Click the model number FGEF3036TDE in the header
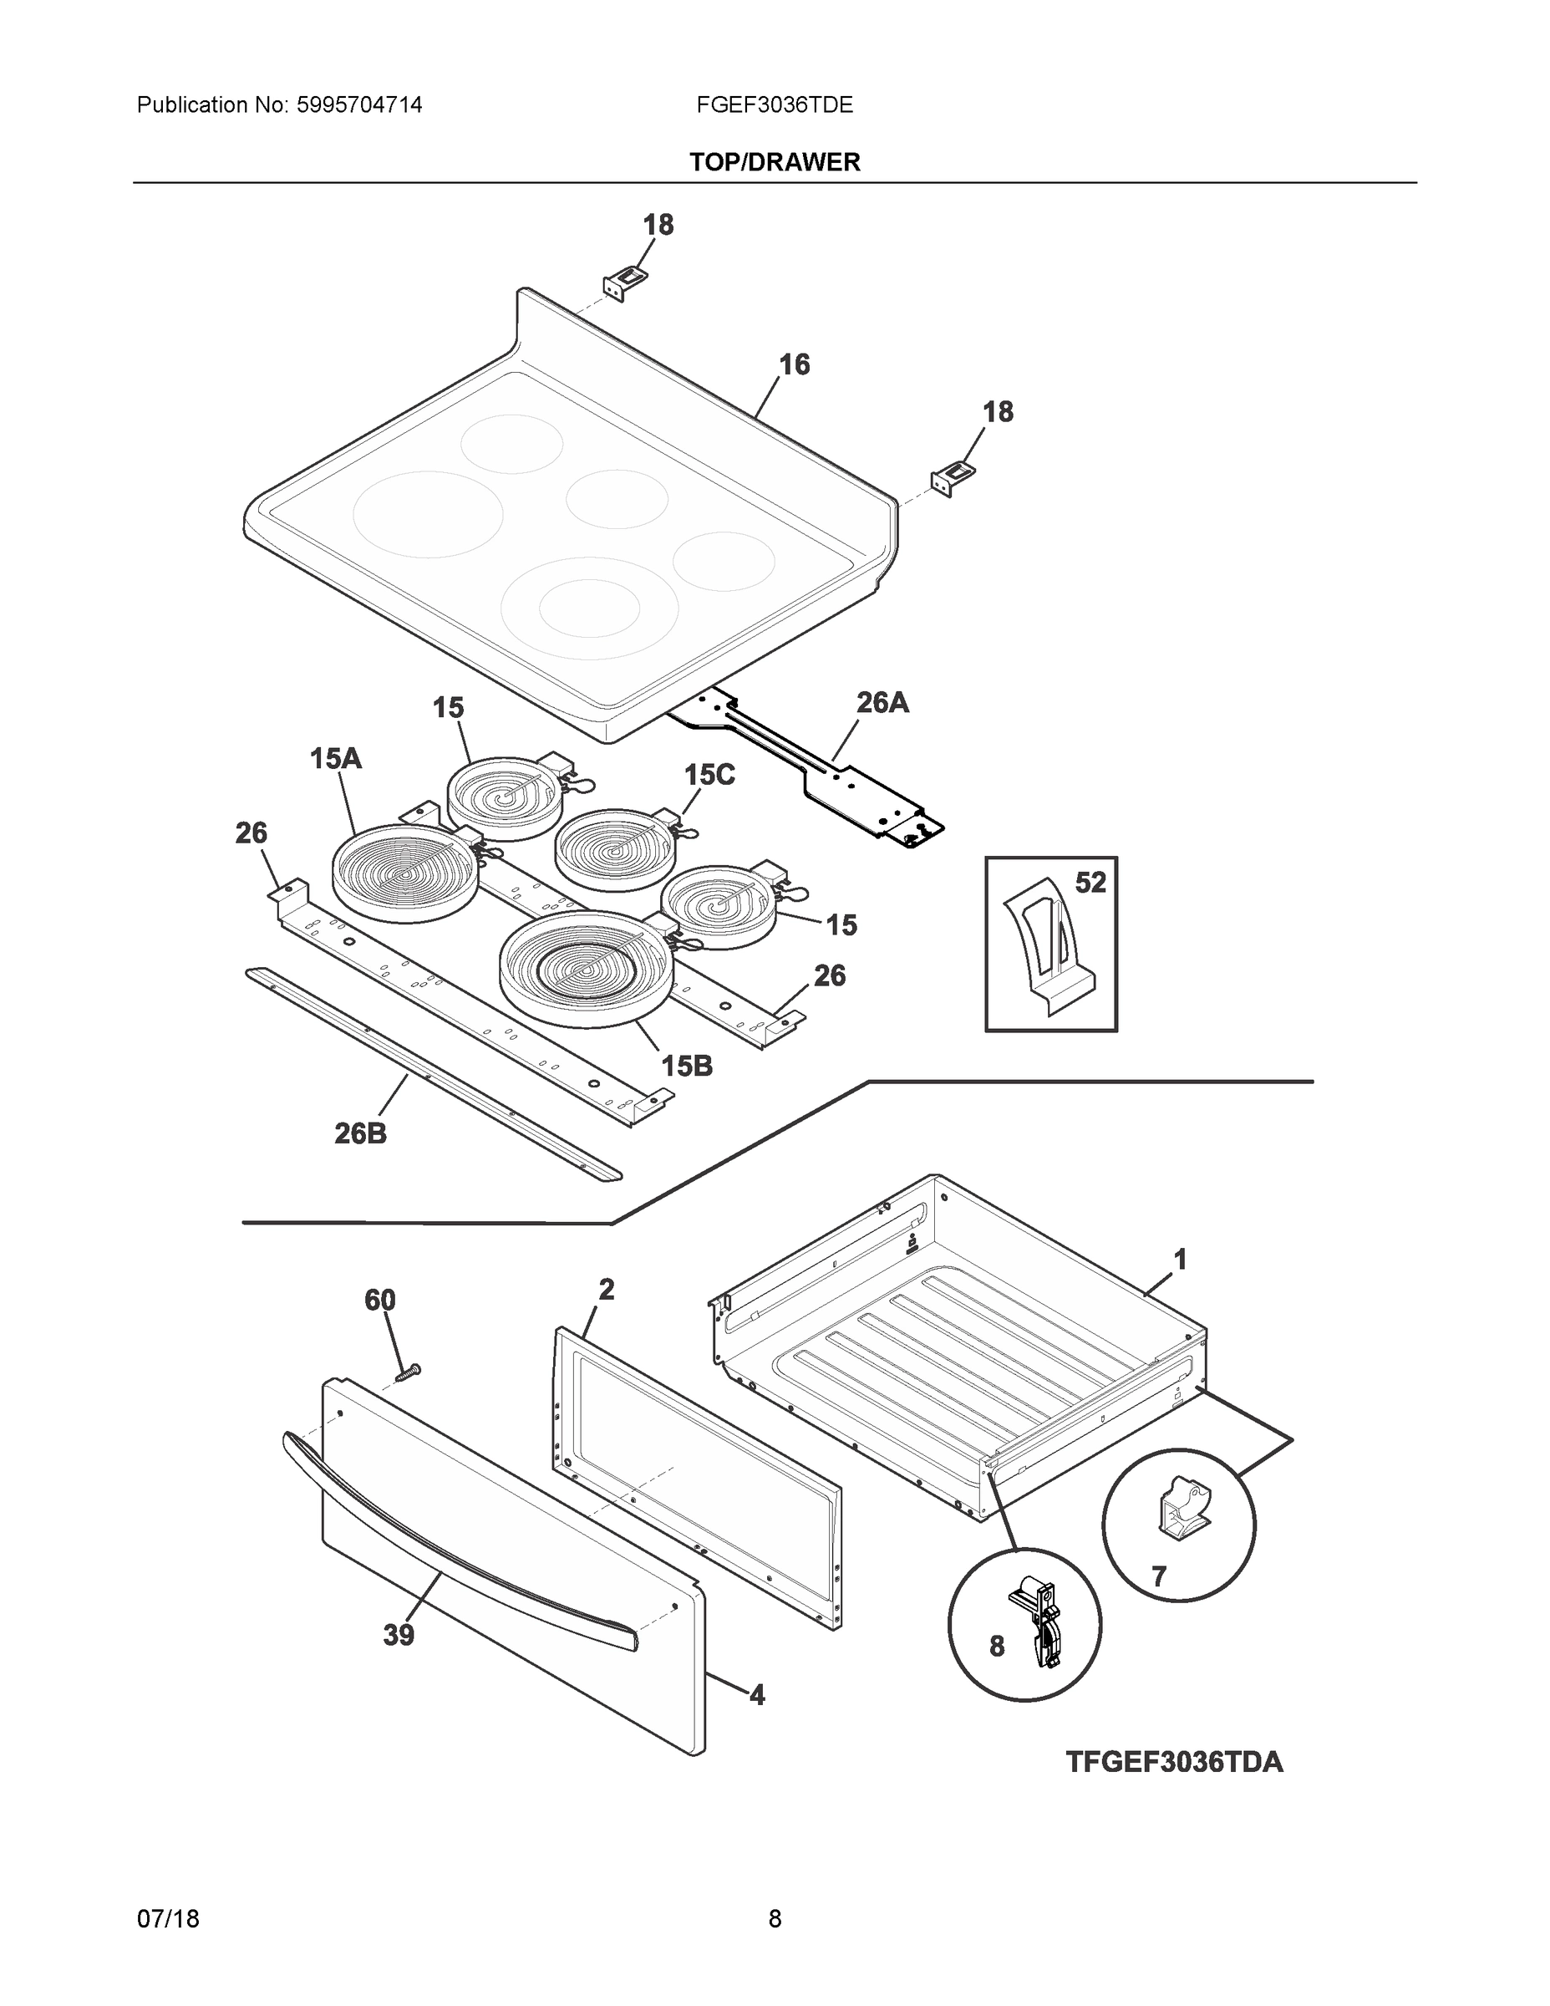click(x=774, y=105)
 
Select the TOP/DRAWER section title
click(x=774, y=163)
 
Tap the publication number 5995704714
click(x=359, y=105)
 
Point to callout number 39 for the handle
click(x=399, y=1635)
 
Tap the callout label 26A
click(x=882, y=703)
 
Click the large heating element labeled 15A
click(x=405, y=873)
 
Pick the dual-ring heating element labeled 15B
click(x=587, y=966)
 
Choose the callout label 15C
click(x=709, y=775)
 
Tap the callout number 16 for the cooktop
click(x=795, y=364)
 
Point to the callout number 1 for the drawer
click(x=1180, y=1260)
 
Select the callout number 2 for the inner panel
click(x=606, y=1290)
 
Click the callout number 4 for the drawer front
click(x=757, y=1694)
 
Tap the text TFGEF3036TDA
click(x=1173, y=1762)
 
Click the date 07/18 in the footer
click(x=168, y=1919)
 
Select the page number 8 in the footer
click(x=774, y=1919)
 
